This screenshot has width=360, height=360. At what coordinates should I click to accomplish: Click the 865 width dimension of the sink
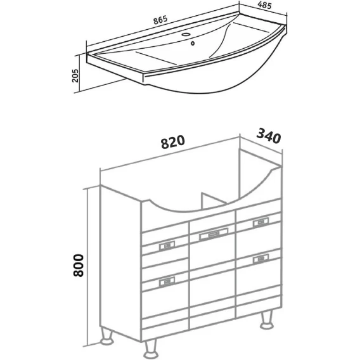coord(160,20)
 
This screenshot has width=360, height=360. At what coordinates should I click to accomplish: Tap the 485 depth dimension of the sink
coord(264,5)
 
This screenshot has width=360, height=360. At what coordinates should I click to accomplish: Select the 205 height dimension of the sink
coord(75,75)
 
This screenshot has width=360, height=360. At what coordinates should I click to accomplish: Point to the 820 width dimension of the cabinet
coord(172,142)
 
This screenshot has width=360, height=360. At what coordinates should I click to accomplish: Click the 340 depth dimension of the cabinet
coord(268,136)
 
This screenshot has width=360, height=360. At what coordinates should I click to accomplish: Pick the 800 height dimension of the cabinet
coord(79,265)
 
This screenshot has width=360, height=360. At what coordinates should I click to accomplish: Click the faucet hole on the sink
coord(186,35)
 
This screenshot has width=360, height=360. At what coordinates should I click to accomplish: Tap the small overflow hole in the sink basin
coord(193,43)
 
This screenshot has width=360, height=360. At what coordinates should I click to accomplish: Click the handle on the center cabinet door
coord(214,234)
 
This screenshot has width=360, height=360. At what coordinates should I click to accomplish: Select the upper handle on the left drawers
coord(167,246)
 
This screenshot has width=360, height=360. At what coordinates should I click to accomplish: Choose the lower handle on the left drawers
coord(167,281)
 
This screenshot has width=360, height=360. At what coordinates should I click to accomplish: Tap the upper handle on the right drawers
coord(260,222)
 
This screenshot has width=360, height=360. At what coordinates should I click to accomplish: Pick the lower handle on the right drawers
coord(260,259)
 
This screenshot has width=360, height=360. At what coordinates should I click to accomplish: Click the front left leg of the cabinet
coord(151,349)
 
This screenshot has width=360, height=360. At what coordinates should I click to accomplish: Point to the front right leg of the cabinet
coord(267,320)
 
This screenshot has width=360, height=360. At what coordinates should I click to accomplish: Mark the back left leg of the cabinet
coord(107,336)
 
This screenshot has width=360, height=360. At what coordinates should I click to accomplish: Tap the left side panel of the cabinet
coord(121,263)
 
